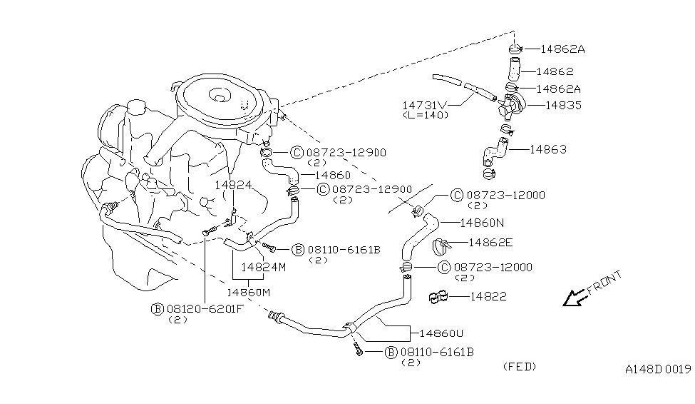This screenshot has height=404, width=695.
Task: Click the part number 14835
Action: click(563, 105)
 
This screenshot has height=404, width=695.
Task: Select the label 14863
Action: click(548, 149)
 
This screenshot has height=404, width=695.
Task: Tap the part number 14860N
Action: click(483, 223)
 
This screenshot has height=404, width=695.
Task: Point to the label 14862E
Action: click(490, 242)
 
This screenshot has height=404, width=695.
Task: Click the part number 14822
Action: click(488, 296)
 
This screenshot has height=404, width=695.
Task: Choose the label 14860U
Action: click(441, 333)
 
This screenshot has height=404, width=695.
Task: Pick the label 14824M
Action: click(264, 267)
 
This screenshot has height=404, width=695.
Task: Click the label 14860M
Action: click(249, 293)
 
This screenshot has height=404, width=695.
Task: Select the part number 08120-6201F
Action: click(205, 308)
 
